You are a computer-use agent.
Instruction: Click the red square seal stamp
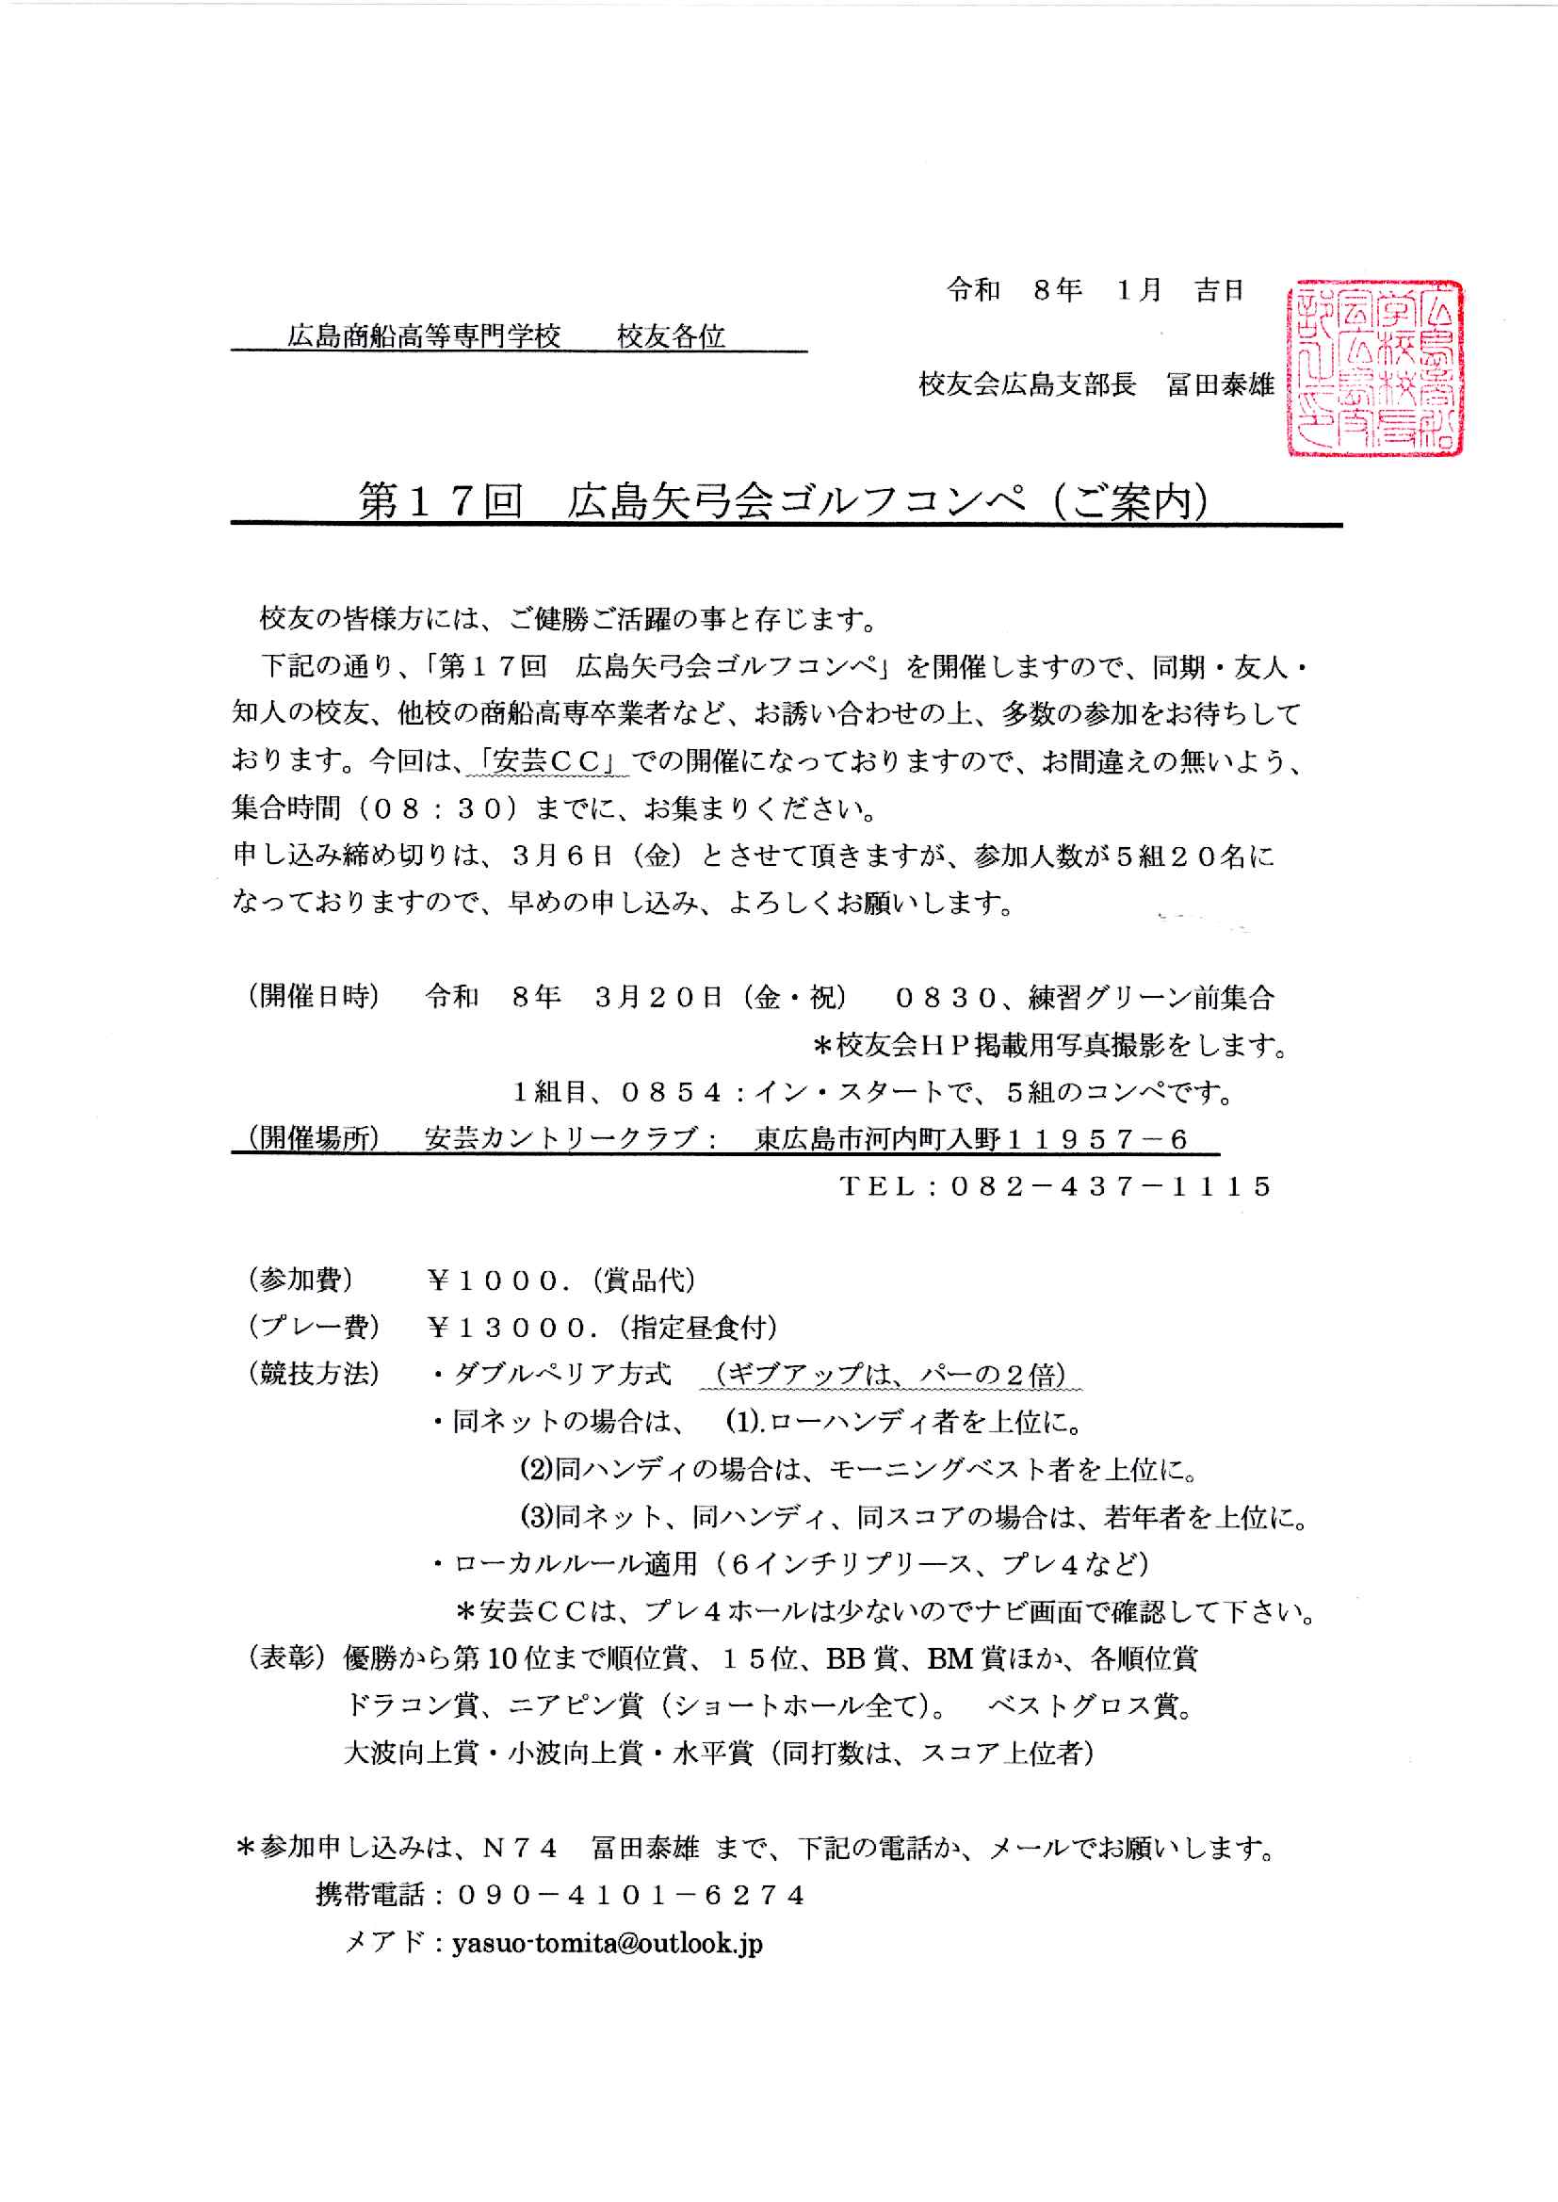tap(1373, 368)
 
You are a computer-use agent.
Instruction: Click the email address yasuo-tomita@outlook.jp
tap(608, 1943)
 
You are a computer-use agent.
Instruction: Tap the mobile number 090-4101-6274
tap(631, 1895)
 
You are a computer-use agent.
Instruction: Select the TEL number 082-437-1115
tap(1111, 1187)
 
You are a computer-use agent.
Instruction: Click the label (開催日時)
tap(314, 997)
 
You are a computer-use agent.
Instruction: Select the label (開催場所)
tap(314, 1139)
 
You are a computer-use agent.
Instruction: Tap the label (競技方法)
tap(314, 1375)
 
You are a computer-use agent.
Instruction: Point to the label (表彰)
tap(287, 1658)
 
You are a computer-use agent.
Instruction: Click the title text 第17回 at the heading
tap(440, 501)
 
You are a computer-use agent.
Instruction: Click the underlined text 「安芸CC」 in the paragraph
tap(547, 762)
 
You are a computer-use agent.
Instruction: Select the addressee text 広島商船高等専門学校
tap(424, 336)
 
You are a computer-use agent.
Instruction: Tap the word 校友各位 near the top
tap(671, 336)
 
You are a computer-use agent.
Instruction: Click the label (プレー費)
tap(314, 1328)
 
